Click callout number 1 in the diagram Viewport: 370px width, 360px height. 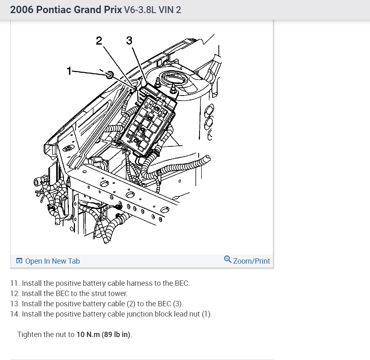pyautogui.click(x=70, y=71)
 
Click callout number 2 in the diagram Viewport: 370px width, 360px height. pyautogui.click(x=99, y=41)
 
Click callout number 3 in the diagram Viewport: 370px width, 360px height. pyautogui.click(x=129, y=41)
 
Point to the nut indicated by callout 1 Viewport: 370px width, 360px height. pyautogui.click(x=109, y=75)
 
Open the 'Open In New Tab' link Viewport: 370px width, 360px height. pyautogui.click(x=52, y=261)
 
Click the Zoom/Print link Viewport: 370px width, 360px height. pyautogui.click(x=252, y=261)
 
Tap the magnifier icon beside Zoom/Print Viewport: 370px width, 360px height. pyautogui.click(x=228, y=259)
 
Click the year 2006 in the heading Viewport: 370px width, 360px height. pyautogui.click(x=22, y=9)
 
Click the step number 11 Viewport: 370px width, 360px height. pyautogui.click(x=14, y=283)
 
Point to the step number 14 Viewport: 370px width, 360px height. pyautogui.click(x=14, y=314)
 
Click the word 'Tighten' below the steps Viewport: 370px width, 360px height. pyautogui.click(x=29, y=335)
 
